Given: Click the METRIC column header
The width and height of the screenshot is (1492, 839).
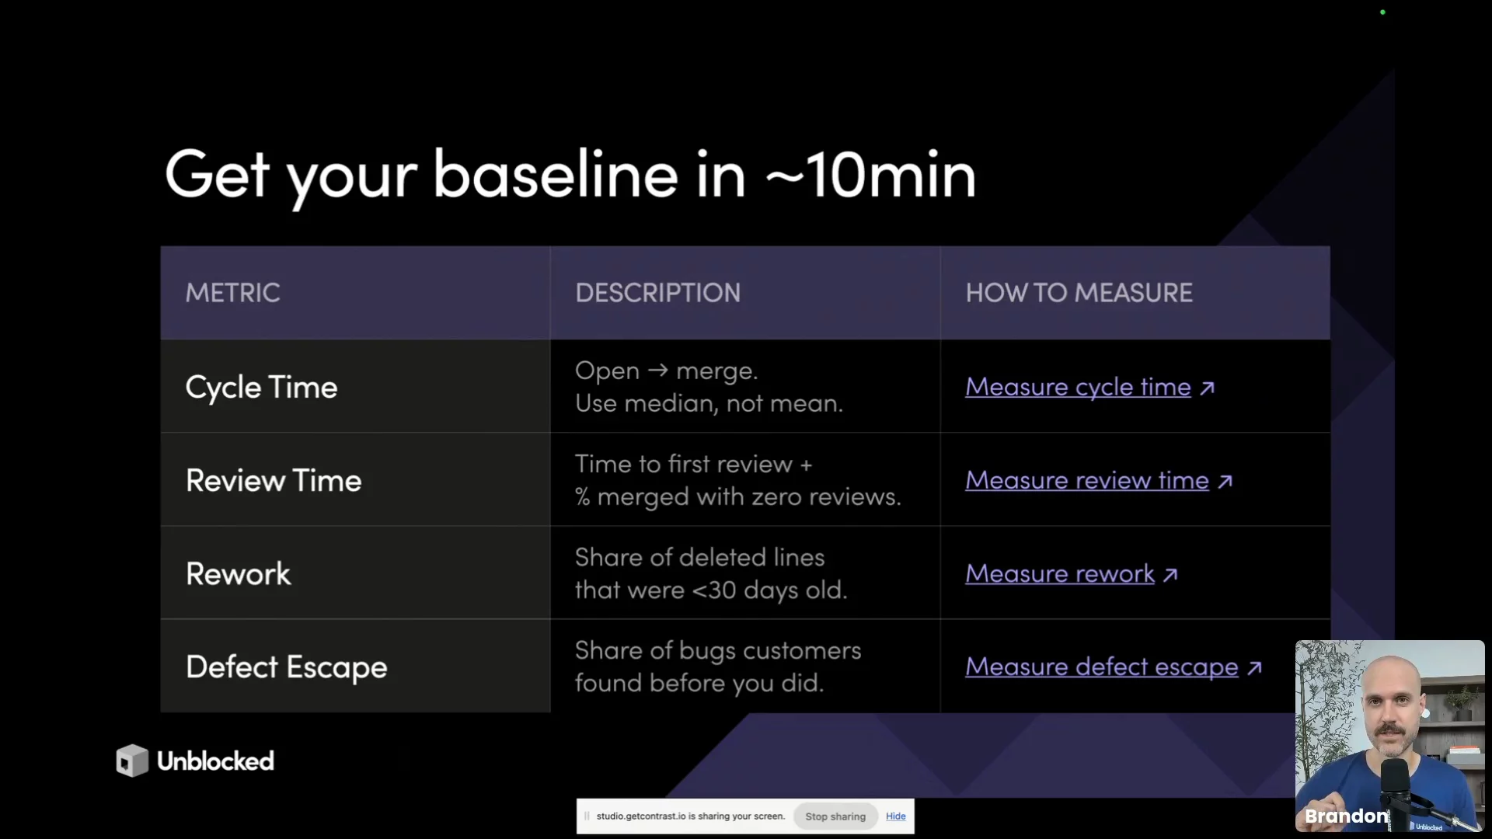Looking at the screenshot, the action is [x=232, y=293].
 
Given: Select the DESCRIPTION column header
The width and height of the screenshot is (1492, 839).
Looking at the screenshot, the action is [x=657, y=293].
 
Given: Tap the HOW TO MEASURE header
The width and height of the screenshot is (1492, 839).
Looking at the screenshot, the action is [x=1079, y=293].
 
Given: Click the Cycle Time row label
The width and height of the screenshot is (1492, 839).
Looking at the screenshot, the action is [x=261, y=387].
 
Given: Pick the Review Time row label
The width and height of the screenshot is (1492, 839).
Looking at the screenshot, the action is [x=274, y=480].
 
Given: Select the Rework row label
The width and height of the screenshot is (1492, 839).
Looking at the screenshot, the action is [x=238, y=573].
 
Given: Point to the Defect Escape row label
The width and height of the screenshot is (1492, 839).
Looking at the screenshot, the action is [x=286, y=667].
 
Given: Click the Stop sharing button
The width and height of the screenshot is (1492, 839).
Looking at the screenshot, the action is [x=835, y=816].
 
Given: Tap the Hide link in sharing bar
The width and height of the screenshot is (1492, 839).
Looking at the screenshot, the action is [x=896, y=816].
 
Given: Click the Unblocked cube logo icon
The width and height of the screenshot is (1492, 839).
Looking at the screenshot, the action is [x=132, y=761].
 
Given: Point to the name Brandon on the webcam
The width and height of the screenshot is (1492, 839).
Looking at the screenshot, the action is [x=1346, y=816].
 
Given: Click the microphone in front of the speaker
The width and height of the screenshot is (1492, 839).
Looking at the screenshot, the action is [x=1396, y=792].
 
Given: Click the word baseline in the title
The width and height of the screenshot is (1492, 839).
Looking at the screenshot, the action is [x=555, y=174].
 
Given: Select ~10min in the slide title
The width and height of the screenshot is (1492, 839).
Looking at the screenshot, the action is [x=870, y=174].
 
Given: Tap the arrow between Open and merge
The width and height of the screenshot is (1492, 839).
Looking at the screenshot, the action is [x=657, y=370].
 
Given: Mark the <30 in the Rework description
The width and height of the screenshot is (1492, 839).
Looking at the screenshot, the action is [x=713, y=590].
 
